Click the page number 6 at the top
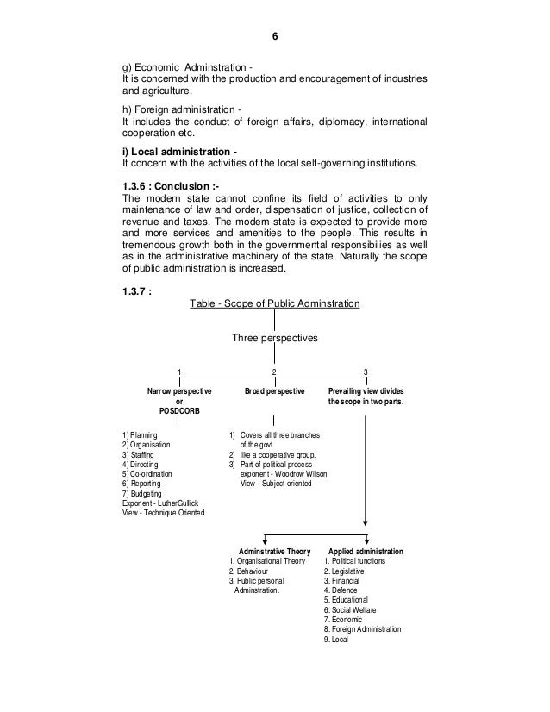click(x=274, y=37)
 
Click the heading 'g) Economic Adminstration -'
click(x=187, y=68)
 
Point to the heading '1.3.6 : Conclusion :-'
click(x=172, y=184)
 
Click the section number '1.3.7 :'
click(x=140, y=290)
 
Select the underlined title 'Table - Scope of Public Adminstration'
click(x=274, y=303)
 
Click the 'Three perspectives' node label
click(x=274, y=338)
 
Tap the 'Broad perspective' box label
click(x=274, y=390)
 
